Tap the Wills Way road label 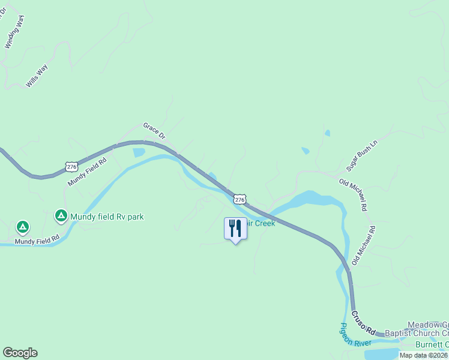coord(37,76)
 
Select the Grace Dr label coord(154,131)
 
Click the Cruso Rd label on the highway coord(363,323)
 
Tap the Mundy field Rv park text coord(107,217)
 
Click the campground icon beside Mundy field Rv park coord(61,215)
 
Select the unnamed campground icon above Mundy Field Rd coord(22,227)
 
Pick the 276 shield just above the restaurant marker coord(240,199)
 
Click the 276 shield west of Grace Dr coord(71,166)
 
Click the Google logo coord(20,353)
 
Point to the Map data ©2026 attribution coord(424,355)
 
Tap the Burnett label coord(432,344)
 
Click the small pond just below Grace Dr coord(139,152)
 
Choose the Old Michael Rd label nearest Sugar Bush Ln coord(353,195)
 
